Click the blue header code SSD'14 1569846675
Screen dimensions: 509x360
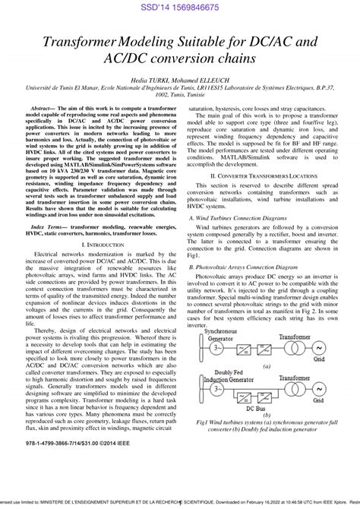point(179,7)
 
